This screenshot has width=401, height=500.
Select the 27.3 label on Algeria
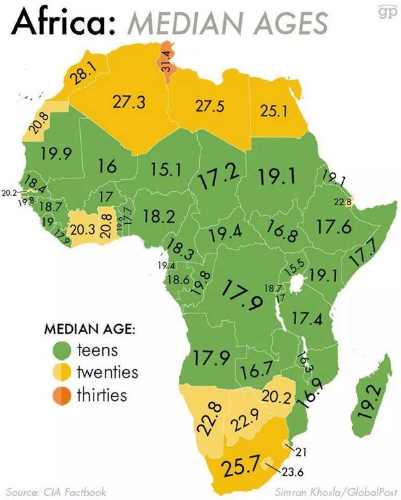pos(128,102)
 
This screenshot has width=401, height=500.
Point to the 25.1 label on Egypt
pos(273,110)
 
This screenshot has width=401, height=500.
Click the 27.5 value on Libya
pos(209,106)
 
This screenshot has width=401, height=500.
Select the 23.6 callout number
pos(293,473)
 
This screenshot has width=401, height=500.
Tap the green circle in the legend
pos(61,350)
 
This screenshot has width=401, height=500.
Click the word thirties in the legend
pos(102,394)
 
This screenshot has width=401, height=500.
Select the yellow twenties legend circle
pos(61,372)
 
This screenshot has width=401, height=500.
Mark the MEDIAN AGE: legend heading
pos(90,330)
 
